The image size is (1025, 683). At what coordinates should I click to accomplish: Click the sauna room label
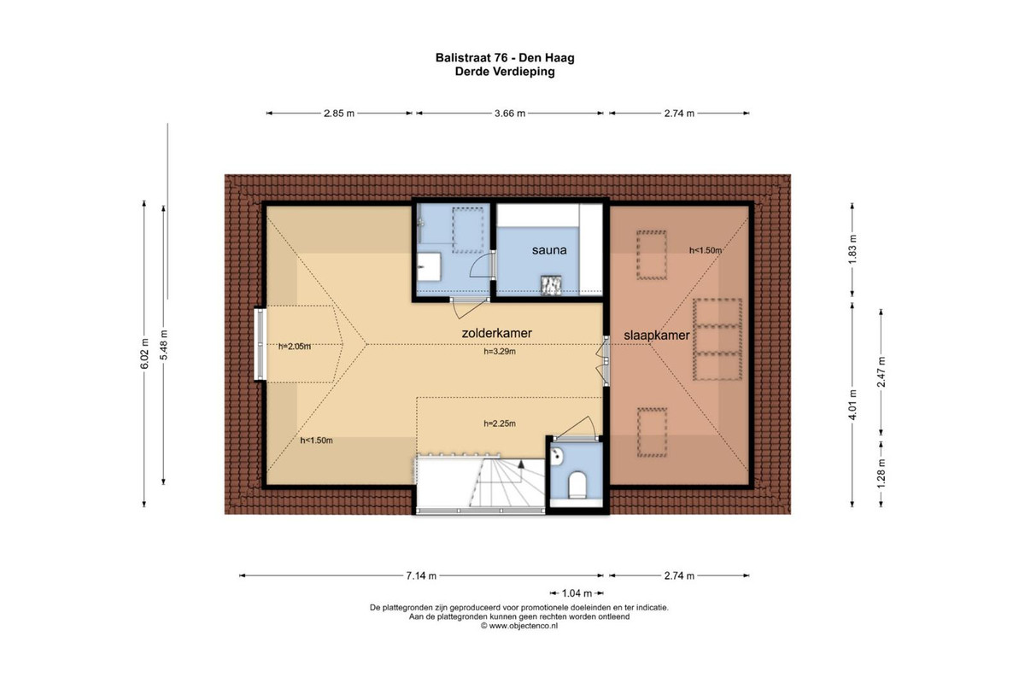pos(549,250)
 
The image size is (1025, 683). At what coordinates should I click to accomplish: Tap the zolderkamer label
pos(496,333)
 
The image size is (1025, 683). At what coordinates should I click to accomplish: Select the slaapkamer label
pos(657,336)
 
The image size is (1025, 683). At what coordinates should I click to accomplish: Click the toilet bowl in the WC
pos(577,484)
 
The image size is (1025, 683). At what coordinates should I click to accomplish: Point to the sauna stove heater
pos(551,284)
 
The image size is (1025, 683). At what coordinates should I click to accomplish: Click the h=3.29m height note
pos(500,352)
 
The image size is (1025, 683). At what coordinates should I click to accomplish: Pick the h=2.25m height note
pos(500,423)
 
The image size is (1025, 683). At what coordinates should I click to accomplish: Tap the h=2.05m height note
pos(295,347)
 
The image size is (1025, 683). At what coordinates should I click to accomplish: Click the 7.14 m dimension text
pos(421,575)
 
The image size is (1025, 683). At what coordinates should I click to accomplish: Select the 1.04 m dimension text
pos(577,593)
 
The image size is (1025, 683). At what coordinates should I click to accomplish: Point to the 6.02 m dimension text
pos(144,353)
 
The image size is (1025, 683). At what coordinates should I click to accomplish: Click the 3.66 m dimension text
pos(510,113)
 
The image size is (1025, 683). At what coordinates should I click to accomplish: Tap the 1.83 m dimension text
pos(852,248)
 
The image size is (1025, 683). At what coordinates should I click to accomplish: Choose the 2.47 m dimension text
pos(881,371)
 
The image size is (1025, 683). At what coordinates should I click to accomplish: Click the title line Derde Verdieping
pos(505,72)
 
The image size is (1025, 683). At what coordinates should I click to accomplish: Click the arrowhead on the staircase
pos(521,464)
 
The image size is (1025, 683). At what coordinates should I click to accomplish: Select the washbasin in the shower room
pos(429,267)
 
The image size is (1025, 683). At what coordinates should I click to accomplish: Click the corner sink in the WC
pos(556,455)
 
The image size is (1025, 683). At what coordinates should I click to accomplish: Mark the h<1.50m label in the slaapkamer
pos(706,250)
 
